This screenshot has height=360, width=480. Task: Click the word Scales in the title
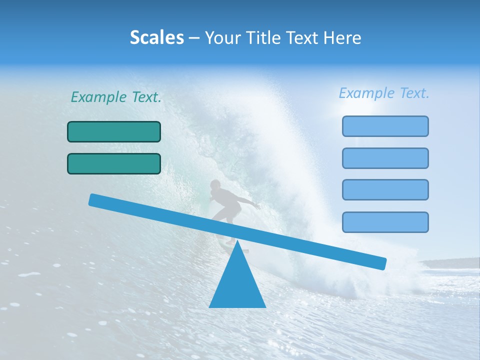coord(157,38)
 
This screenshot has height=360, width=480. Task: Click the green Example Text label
coord(116,97)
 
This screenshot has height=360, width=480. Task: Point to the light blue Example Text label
coord(384,93)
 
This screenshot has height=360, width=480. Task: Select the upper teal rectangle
coord(114,131)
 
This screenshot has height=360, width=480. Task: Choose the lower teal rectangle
coord(114,163)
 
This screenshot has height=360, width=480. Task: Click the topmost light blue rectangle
coord(385,126)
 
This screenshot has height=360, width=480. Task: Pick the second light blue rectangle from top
coord(385,158)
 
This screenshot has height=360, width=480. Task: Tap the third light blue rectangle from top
coord(385,189)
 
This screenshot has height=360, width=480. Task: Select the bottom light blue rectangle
coord(385,222)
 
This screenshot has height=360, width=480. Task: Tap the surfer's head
coord(215,185)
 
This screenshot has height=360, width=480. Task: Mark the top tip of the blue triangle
coord(237,242)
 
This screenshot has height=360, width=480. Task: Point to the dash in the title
coord(194,38)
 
